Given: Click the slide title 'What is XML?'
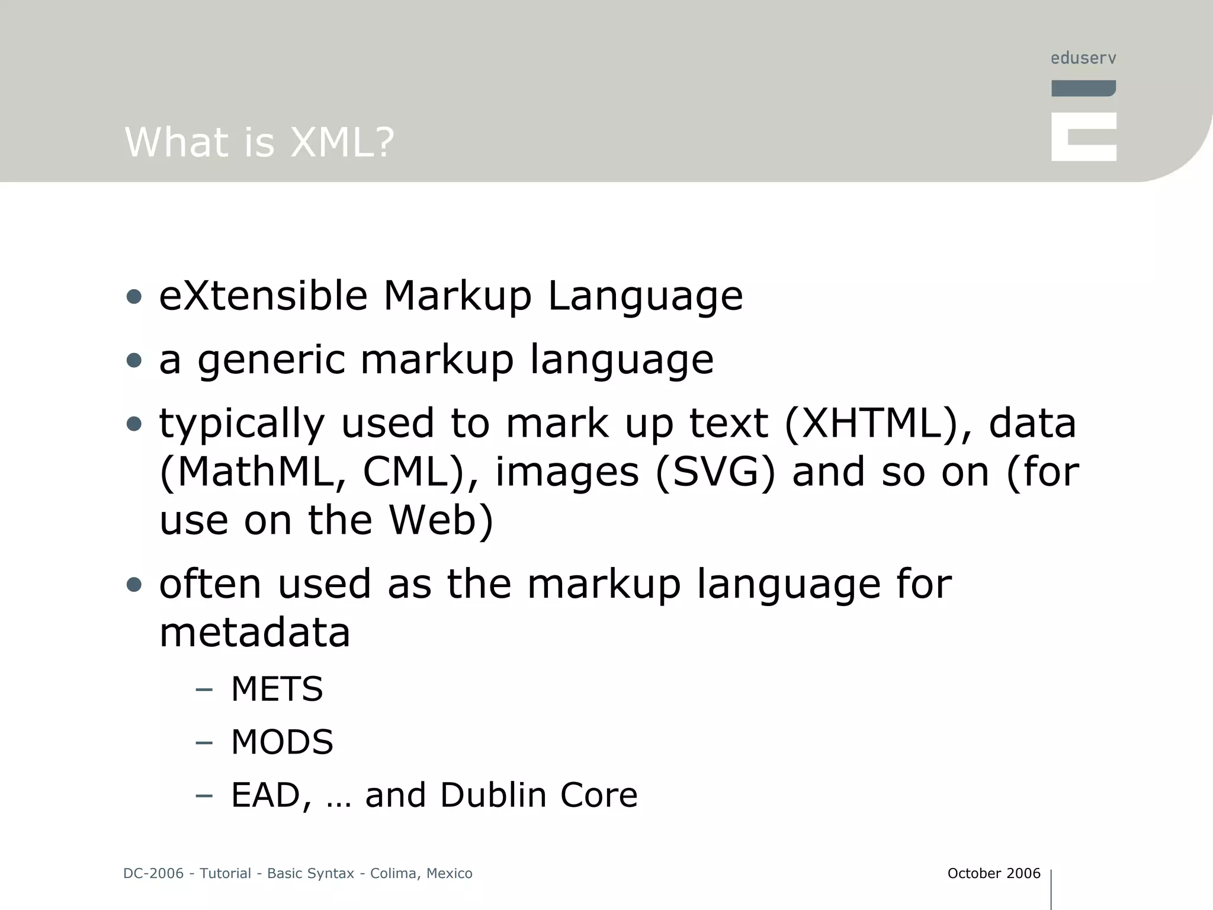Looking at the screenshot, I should (x=259, y=142).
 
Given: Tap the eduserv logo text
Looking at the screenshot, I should (x=1083, y=58).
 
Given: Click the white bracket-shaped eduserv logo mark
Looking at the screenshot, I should (x=1083, y=137).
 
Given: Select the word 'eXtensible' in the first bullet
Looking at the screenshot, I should (x=263, y=296).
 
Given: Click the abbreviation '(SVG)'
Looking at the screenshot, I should (x=715, y=472).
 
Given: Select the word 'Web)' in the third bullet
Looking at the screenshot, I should (x=441, y=520).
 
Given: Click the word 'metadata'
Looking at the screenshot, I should (x=255, y=632).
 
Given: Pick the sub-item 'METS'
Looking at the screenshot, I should (x=277, y=689).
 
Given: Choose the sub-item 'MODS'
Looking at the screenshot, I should (x=282, y=742).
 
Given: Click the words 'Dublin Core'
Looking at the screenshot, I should (x=538, y=794).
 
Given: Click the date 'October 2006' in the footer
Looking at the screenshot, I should (x=993, y=873).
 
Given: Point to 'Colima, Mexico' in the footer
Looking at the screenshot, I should (x=421, y=873).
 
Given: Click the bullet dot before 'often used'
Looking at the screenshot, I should (x=134, y=585).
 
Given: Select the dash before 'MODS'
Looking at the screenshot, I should (x=204, y=743).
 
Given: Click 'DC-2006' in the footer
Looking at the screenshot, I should (x=153, y=873).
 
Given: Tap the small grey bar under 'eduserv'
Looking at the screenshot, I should (x=1083, y=88).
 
